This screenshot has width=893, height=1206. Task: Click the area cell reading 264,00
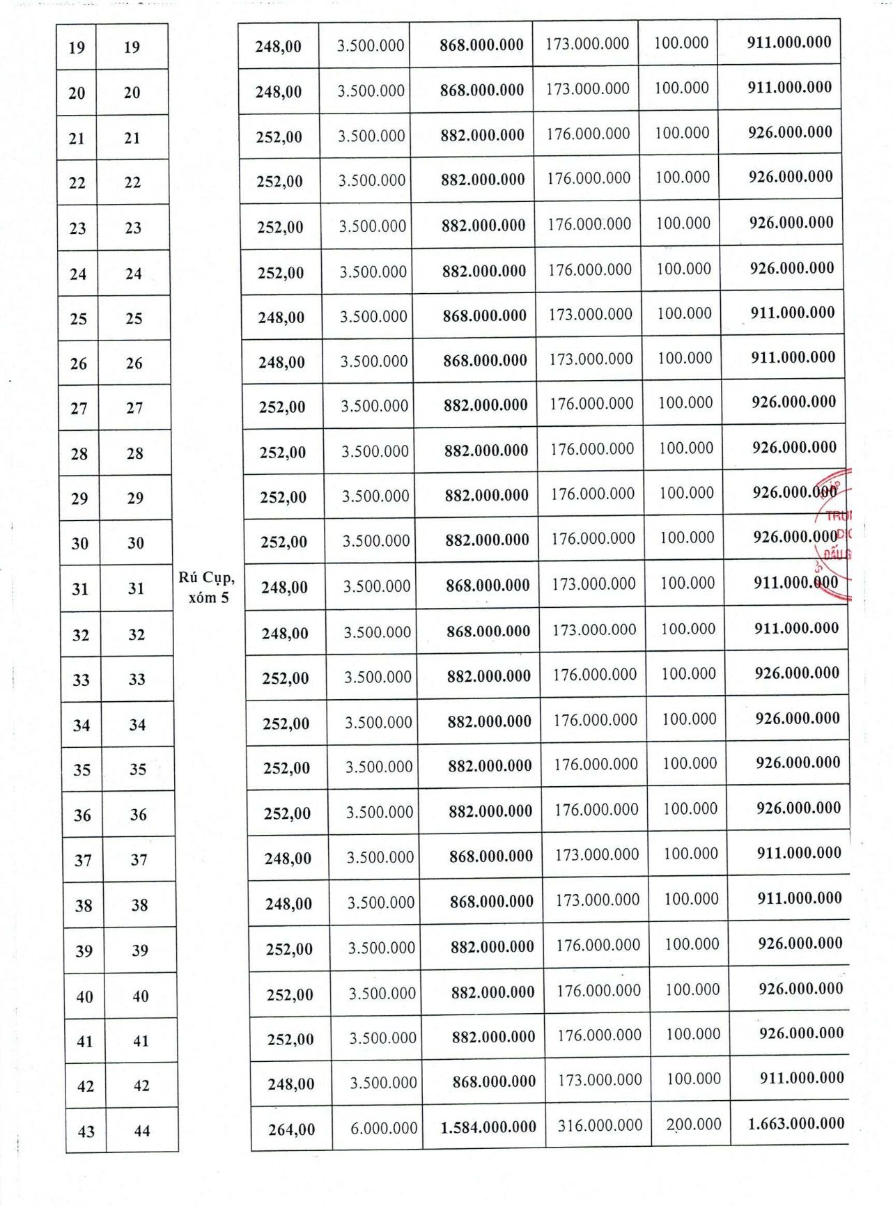[291, 1129]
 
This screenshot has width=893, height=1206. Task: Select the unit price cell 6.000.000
[384, 1128]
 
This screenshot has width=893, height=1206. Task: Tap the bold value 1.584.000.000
[488, 1127]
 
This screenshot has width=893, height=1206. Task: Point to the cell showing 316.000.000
[600, 1125]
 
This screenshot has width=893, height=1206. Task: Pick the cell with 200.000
[693, 1124]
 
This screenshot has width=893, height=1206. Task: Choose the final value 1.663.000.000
[795, 1123]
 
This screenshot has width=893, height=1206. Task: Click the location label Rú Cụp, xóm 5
[207, 587]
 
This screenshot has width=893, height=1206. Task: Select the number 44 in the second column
[141, 1131]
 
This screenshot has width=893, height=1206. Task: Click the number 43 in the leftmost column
[86, 1131]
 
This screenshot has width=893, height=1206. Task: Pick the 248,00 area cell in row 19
[278, 47]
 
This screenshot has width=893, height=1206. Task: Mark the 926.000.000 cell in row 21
[790, 132]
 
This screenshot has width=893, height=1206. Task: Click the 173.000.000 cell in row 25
[590, 314]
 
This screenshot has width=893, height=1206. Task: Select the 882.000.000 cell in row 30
[487, 540]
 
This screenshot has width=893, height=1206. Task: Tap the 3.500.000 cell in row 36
[380, 812]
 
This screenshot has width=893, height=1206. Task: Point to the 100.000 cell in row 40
[692, 989]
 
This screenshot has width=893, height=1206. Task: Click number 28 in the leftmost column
[79, 454]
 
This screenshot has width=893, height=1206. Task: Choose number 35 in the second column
[138, 769]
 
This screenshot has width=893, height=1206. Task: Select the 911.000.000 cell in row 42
[802, 1078]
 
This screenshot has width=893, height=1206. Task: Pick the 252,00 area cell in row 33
[285, 678]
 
